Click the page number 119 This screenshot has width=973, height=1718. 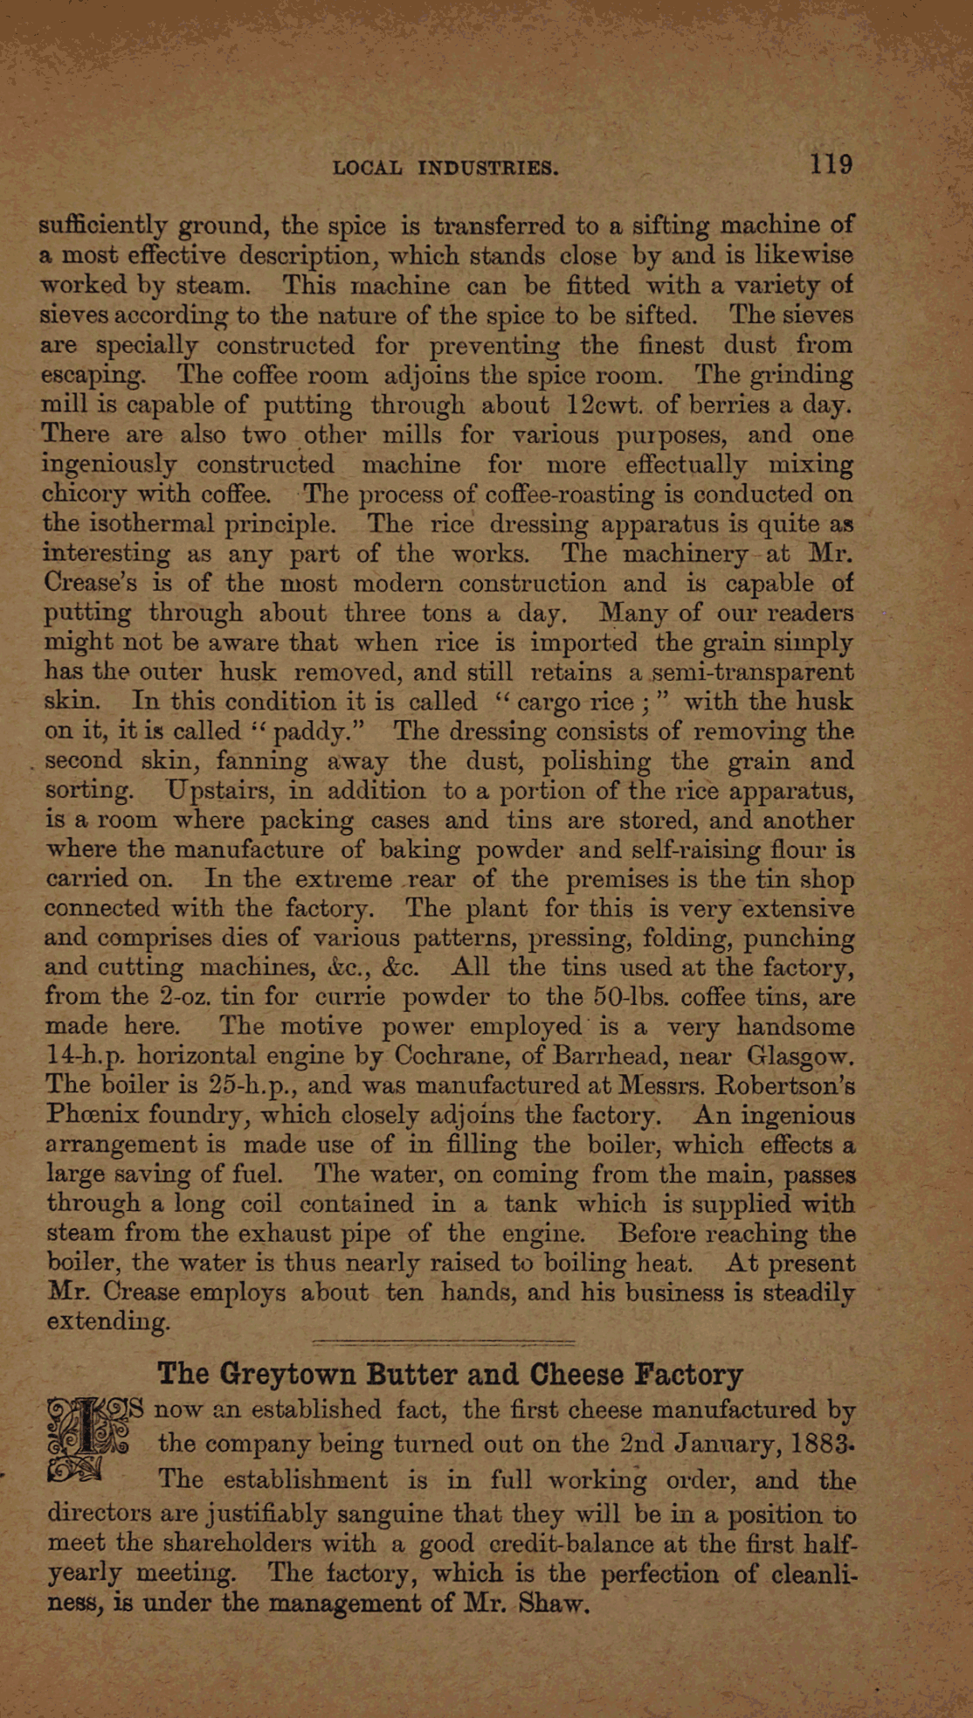click(x=831, y=164)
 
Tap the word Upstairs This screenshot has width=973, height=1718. click(x=220, y=791)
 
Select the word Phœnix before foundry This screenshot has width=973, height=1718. click(x=93, y=1116)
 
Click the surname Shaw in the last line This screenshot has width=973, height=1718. click(x=551, y=1604)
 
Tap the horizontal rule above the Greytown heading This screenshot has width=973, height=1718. click(x=444, y=1341)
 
